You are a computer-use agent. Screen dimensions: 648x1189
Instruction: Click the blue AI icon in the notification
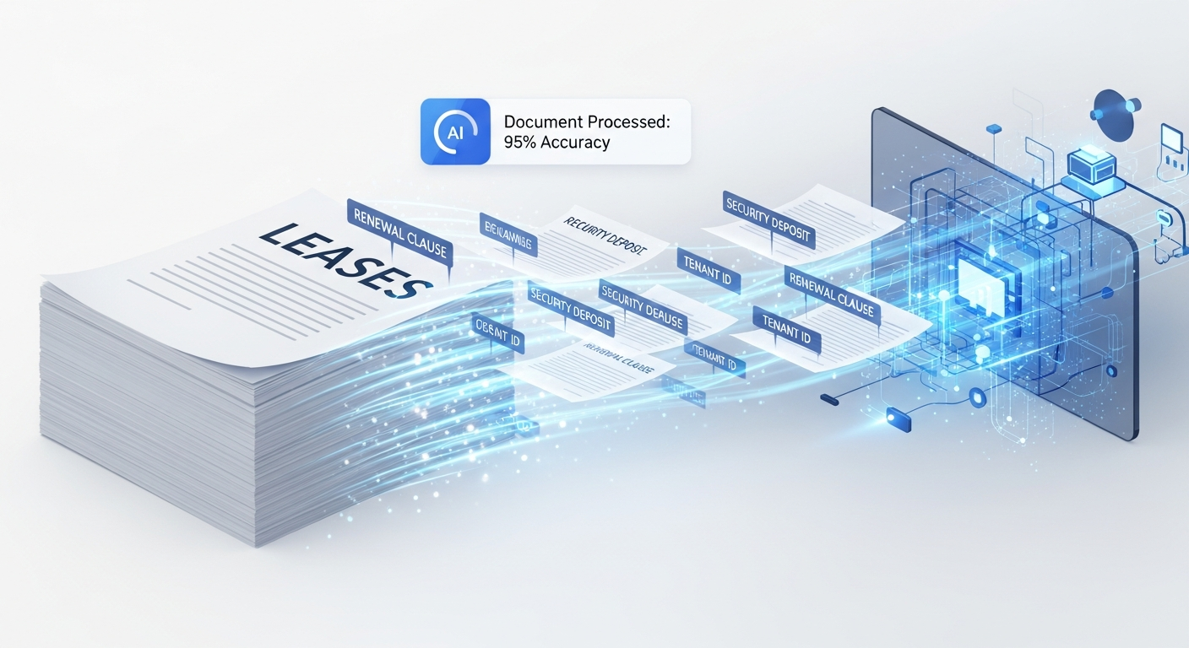(455, 132)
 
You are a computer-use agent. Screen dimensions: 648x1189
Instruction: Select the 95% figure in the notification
(520, 142)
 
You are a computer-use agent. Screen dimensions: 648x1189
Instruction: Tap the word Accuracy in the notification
(576, 142)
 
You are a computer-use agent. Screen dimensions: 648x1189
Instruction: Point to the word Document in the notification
(541, 121)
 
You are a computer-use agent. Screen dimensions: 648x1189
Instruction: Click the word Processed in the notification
(627, 121)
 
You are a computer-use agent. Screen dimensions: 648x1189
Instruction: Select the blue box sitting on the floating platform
(1088, 161)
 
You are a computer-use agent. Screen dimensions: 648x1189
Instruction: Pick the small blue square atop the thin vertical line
(993, 128)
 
